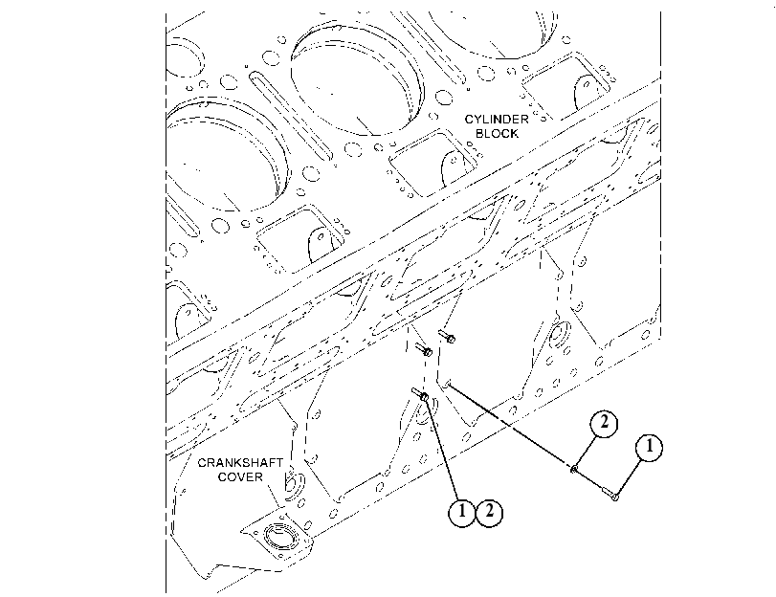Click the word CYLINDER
click(x=497, y=120)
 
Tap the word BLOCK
click(x=497, y=134)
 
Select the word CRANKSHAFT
click(x=240, y=463)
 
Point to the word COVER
click(x=240, y=477)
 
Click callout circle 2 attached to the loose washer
click(x=604, y=424)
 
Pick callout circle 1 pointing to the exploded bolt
click(x=649, y=448)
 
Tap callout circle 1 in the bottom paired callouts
click(x=462, y=512)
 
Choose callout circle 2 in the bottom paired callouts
click(x=489, y=512)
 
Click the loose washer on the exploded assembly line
click(x=574, y=468)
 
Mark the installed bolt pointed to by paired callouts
click(x=420, y=394)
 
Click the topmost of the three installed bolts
click(x=447, y=336)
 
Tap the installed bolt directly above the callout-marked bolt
click(x=424, y=350)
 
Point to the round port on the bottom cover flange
click(x=280, y=536)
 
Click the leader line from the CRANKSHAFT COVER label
click(x=274, y=496)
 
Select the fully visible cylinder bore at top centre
click(x=355, y=79)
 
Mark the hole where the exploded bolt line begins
click(x=448, y=383)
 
